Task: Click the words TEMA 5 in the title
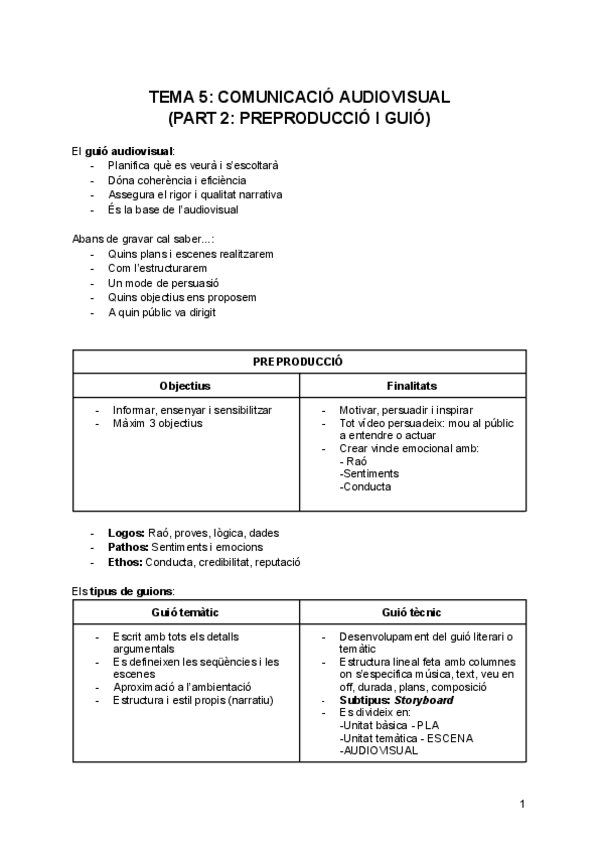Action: (x=179, y=97)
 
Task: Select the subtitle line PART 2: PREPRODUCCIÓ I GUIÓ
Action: (x=299, y=118)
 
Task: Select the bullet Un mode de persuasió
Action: (x=163, y=283)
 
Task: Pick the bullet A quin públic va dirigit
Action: (x=161, y=312)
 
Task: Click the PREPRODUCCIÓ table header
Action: (x=298, y=361)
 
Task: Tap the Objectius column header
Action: (x=185, y=386)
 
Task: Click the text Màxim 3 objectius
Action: (x=157, y=423)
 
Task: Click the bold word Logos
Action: (x=126, y=533)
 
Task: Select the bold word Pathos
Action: (x=128, y=547)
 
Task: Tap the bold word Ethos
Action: (x=126, y=562)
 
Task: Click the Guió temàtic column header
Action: (x=185, y=612)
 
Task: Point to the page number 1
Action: (x=522, y=804)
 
